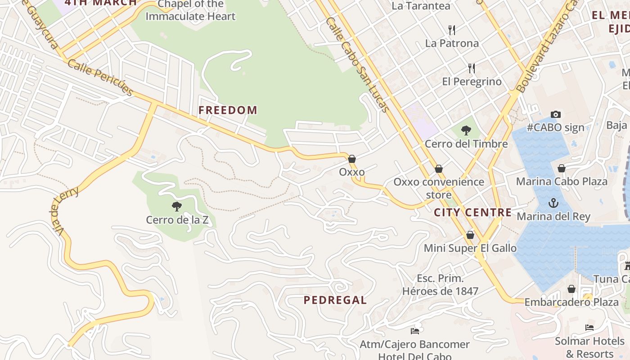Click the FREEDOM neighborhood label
tap(228, 110)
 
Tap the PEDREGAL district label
tap(335, 300)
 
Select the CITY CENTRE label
tap(472, 212)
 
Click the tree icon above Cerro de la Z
tap(176, 207)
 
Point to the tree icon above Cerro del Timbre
tap(466, 130)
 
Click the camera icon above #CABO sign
tap(556, 114)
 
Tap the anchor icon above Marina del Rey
tap(553, 203)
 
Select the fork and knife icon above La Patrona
tap(452, 30)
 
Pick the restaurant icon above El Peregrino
tap(471, 68)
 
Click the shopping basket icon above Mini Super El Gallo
tap(470, 235)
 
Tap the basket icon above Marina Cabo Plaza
tap(562, 168)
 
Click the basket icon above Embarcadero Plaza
tap(571, 289)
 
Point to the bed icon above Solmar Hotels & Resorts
tap(589, 327)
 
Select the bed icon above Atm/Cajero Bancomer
tap(415, 331)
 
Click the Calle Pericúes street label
tap(101, 78)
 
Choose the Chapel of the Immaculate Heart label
tap(190, 10)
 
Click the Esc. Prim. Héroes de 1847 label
tap(440, 285)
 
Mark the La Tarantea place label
tap(421, 6)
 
